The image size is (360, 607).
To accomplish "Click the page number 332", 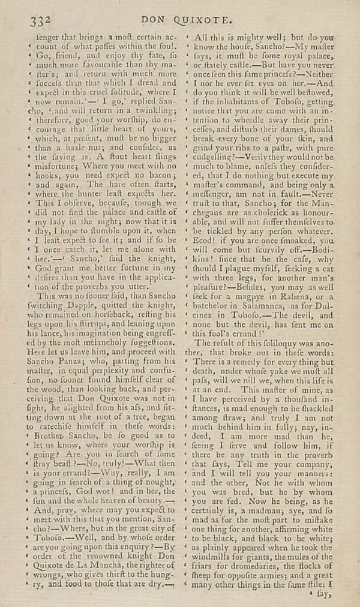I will click(40, 20).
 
